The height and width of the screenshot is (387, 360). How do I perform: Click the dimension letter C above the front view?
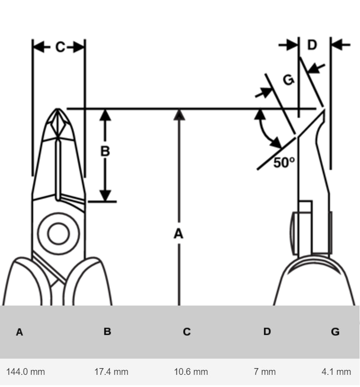tap(60, 47)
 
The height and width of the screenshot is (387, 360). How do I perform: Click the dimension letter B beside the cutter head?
tap(105, 151)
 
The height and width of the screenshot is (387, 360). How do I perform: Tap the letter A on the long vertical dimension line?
tap(179, 234)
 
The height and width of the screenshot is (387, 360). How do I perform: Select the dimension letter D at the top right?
tap(312, 45)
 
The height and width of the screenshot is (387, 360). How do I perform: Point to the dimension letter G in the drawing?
tap(288, 80)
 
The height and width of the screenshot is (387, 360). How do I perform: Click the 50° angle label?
tap(284, 162)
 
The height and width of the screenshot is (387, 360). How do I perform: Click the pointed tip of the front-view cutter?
tap(58, 109)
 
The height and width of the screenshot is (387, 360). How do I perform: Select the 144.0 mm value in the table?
tap(26, 372)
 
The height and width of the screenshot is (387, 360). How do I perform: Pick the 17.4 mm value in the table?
tap(111, 372)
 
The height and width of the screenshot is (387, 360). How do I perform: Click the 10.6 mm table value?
tap(191, 372)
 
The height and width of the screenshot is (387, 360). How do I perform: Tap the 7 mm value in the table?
tap(265, 372)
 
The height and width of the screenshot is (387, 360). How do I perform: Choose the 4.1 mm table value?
tap(336, 372)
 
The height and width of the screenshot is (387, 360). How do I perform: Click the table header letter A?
tap(19, 333)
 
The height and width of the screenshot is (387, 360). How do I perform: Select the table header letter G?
tap(335, 332)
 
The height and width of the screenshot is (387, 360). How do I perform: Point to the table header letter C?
tap(187, 332)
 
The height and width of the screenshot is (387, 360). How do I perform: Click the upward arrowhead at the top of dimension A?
tap(179, 114)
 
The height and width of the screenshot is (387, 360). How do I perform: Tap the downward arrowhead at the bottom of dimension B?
tap(105, 196)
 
